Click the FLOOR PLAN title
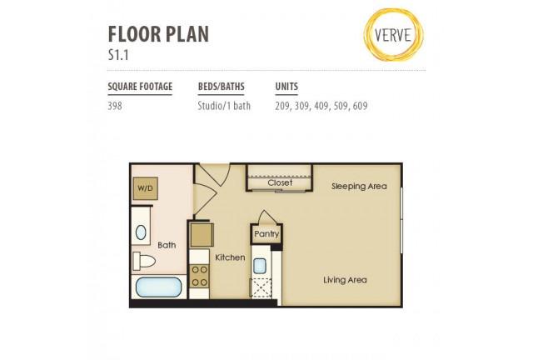pos(158,34)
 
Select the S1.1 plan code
pos(118,55)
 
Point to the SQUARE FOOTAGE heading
pos(140,87)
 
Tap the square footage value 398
pos(115,106)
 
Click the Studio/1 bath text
pos(224,106)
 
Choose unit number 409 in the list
pos(321,106)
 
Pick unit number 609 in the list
pos(361,106)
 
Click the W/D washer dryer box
pos(145,188)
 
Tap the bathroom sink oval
pos(141,232)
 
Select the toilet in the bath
pos(144,261)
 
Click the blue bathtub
pos(159,287)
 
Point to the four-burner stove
pos(200,276)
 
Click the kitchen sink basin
pos(259,266)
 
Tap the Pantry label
pos(266,234)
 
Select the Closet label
pos(280,182)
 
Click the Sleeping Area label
pos(359,187)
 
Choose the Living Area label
pos(345,280)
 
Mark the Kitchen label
pos(230,257)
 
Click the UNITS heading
pos(286,87)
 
